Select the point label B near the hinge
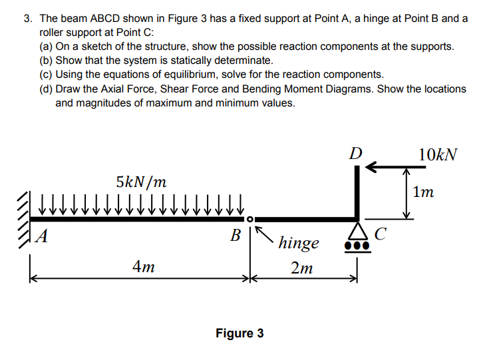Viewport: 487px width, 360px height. (x=235, y=235)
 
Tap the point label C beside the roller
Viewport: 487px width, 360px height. (x=380, y=234)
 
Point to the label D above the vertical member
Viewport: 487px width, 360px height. (x=357, y=153)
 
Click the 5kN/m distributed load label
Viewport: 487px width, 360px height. (x=141, y=181)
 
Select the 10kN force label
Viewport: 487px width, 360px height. (x=438, y=154)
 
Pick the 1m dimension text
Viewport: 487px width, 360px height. (x=424, y=193)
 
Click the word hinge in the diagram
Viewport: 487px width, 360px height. (x=299, y=243)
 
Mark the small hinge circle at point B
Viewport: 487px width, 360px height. (x=249, y=218)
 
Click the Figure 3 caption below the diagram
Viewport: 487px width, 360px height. (x=240, y=333)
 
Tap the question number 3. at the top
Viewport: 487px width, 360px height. (x=28, y=19)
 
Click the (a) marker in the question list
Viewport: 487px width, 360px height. (x=47, y=47)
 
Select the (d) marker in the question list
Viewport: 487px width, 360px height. (x=47, y=89)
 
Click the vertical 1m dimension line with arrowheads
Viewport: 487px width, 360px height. (x=406, y=193)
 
